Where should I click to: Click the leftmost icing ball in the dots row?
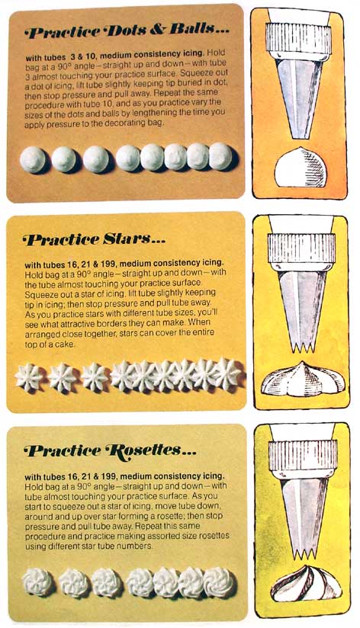point(33,159)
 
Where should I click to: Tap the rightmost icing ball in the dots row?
point(220,156)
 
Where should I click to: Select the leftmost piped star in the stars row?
point(31,376)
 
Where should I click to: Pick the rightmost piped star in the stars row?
point(226,373)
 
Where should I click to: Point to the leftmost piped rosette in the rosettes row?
point(37,582)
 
